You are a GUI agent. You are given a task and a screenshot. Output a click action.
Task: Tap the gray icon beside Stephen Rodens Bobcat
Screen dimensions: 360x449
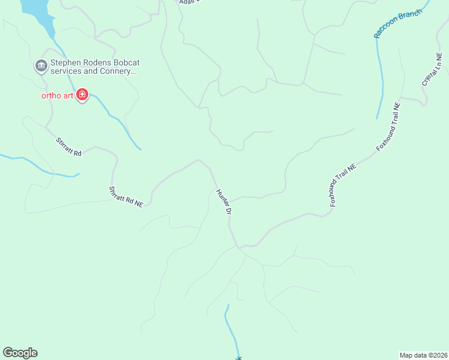(41, 65)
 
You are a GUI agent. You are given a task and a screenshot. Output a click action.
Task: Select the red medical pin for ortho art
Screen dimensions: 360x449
(82, 95)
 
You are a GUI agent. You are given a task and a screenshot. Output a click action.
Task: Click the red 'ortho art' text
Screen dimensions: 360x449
(57, 96)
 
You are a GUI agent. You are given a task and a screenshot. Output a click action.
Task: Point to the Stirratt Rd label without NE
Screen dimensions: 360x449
(68, 147)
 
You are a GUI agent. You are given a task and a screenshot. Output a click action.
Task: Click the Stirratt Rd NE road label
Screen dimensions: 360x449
(125, 197)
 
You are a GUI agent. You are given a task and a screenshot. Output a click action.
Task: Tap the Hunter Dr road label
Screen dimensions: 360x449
(223, 202)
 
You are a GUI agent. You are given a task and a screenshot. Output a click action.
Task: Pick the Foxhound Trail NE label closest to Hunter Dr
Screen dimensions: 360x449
(343, 187)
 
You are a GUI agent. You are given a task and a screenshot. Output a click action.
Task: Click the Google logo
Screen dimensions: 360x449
(20, 353)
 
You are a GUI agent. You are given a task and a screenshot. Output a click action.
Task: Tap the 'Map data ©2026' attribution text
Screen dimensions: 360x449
(423, 355)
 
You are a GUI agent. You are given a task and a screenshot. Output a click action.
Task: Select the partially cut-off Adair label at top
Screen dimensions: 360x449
(187, 2)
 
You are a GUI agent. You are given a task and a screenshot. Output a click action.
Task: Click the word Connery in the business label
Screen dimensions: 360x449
(115, 71)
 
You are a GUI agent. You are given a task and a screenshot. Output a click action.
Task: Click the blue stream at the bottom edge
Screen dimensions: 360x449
(232, 333)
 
